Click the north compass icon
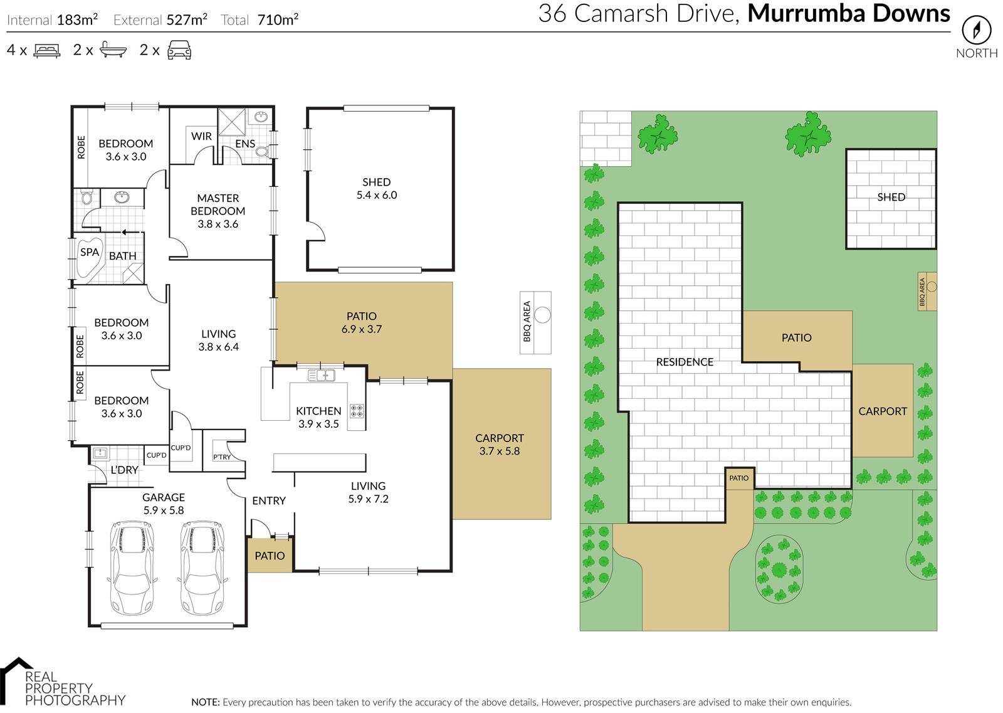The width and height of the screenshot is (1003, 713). [x=977, y=30]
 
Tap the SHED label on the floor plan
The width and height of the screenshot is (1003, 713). [x=377, y=182]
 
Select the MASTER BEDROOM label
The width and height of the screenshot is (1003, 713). [x=218, y=204]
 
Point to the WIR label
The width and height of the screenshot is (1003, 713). [x=201, y=136]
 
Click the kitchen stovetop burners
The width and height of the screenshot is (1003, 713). [x=357, y=411]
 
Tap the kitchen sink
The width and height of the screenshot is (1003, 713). [x=322, y=375]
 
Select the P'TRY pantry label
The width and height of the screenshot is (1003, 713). [x=222, y=457]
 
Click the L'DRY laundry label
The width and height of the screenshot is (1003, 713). [x=125, y=470]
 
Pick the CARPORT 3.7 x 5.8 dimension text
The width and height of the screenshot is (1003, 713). [x=499, y=451]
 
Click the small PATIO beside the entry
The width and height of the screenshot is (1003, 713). [x=270, y=556]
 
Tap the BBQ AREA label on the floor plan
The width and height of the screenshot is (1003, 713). [x=527, y=322]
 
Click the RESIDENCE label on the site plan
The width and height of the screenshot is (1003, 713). [x=685, y=362]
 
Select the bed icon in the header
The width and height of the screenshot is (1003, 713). [x=47, y=50]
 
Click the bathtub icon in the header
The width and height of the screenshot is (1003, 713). [x=113, y=50]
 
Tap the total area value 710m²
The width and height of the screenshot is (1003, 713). [x=278, y=19]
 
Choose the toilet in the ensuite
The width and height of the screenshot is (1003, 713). [x=263, y=151]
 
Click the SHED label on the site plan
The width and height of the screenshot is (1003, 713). [x=891, y=197]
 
